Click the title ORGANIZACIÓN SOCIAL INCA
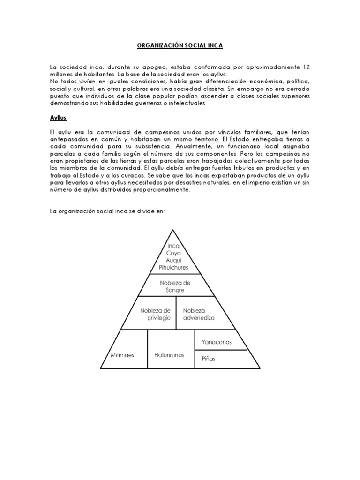pyautogui.click(x=180, y=45)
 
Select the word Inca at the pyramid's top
pyautogui.click(x=173, y=245)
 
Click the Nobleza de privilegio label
pyautogui.click(x=155, y=314)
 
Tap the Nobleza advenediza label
pyautogui.click(x=199, y=314)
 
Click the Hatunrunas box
pyautogui.click(x=169, y=355)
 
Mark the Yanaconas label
pyautogui.click(x=217, y=342)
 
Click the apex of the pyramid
pyautogui.click(x=173, y=230)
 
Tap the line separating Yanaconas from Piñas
pyautogui.click(x=220, y=350)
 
